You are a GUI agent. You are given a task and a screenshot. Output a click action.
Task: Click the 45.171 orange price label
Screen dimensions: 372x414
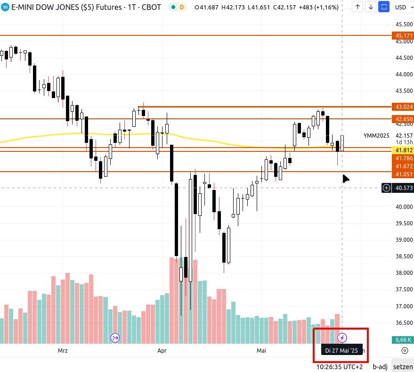[404, 35]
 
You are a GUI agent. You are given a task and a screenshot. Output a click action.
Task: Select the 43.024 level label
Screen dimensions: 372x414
[404, 107]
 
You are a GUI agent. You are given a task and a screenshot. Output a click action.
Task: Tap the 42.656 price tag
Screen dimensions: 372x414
[404, 119]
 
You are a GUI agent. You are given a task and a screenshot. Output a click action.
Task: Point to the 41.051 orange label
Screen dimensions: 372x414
[404, 174]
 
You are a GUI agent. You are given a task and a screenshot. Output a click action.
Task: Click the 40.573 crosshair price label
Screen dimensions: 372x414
[404, 188]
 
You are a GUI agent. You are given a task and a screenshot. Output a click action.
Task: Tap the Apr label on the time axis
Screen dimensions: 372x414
[162, 351]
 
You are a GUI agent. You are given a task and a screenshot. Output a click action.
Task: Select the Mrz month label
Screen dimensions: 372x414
[63, 351]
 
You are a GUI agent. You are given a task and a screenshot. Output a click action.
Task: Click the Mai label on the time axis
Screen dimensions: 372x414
[261, 351]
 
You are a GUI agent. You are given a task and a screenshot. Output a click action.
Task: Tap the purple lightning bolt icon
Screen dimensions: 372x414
[343, 338]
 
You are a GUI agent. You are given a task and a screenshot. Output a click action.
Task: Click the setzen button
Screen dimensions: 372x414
[403, 366]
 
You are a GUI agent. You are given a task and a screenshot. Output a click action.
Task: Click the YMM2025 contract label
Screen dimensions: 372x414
[376, 136]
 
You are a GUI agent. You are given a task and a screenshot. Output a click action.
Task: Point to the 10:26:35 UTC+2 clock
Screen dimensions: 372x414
[340, 366]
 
